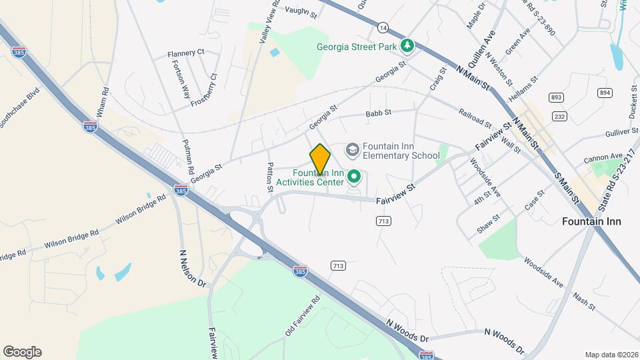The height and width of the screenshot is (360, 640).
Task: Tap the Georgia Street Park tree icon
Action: (x=407, y=45)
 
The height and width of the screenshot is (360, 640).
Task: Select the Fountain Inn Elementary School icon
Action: (x=352, y=150)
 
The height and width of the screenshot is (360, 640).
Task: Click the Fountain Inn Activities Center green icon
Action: (x=354, y=177)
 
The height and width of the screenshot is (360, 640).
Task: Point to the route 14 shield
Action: (x=382, y=27)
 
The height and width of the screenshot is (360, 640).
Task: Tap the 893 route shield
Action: (x=556, y=97)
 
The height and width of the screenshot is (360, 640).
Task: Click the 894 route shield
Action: (x=605, y=93)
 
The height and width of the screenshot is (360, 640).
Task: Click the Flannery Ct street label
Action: (x=186, y=52)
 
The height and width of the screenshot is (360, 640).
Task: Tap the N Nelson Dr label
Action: (x=193, y=268)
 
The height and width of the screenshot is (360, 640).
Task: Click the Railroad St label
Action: (x=475, y=119)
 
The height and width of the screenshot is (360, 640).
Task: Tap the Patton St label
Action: (x=270, y=177)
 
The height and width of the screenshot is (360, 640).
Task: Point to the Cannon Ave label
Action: (x=602, y=158)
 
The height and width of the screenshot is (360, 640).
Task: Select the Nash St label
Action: (x=583, y=301)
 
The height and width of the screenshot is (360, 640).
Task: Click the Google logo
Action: (x=22, y=351)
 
